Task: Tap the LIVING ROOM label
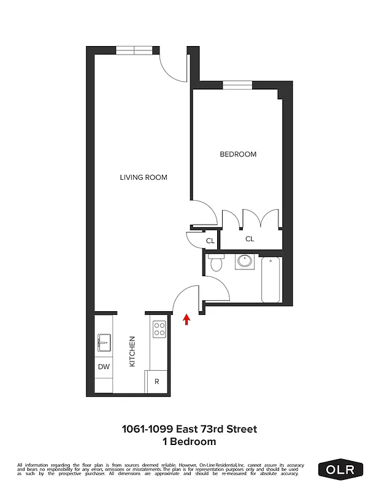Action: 144,177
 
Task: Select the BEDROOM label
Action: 238,154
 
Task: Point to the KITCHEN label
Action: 131,352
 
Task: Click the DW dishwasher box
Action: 104,367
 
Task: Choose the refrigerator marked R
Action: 157,381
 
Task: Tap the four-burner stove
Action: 159,329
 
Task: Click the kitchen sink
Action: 104,342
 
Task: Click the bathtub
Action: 270,279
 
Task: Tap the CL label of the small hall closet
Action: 210,241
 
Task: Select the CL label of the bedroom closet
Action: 250,239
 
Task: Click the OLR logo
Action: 341,470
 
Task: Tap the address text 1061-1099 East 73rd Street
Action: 189,429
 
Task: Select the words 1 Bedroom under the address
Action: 189,441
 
